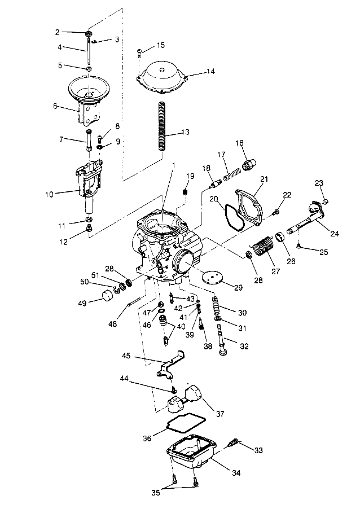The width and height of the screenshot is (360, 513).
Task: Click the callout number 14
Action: pos(195,72)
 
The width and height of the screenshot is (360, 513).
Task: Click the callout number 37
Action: pos(220,414)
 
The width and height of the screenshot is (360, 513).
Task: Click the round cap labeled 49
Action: pos(104,296)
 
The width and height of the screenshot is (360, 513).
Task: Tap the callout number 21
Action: pos(264,179)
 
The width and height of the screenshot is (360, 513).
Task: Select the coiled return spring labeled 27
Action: pos(263,247)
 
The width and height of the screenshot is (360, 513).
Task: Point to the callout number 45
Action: pos(126,356)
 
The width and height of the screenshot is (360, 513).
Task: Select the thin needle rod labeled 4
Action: pos(89,51)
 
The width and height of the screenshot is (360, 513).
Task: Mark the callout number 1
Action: pos(174,165)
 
